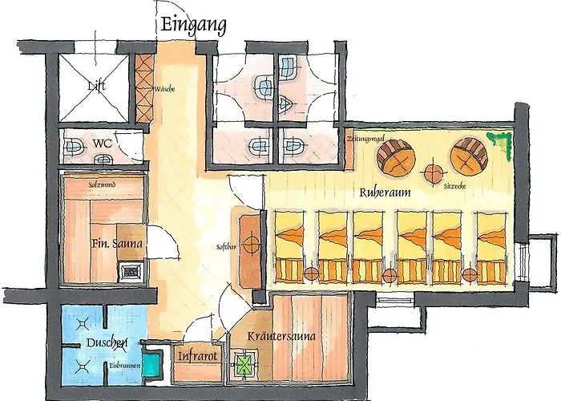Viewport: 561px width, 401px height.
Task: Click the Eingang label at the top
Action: point(193,25)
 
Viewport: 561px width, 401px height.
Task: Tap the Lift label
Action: point(95,85)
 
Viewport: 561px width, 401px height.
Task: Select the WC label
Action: point(102,144)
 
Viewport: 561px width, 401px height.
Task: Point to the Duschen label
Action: point(106,344)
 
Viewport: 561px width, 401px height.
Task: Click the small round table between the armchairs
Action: point(434,171)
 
